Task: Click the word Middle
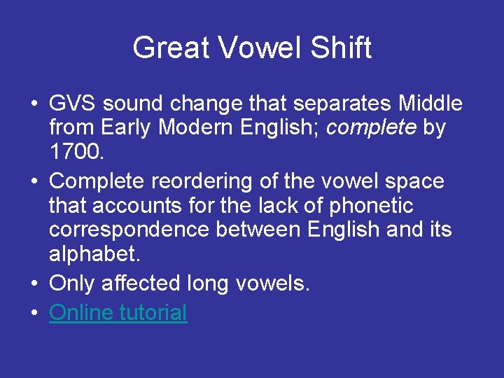(x=430, y=104)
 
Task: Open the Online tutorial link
(x=118, y=312)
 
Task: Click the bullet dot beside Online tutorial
(x=34, y=313)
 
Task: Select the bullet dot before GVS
(x=34, y=105)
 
